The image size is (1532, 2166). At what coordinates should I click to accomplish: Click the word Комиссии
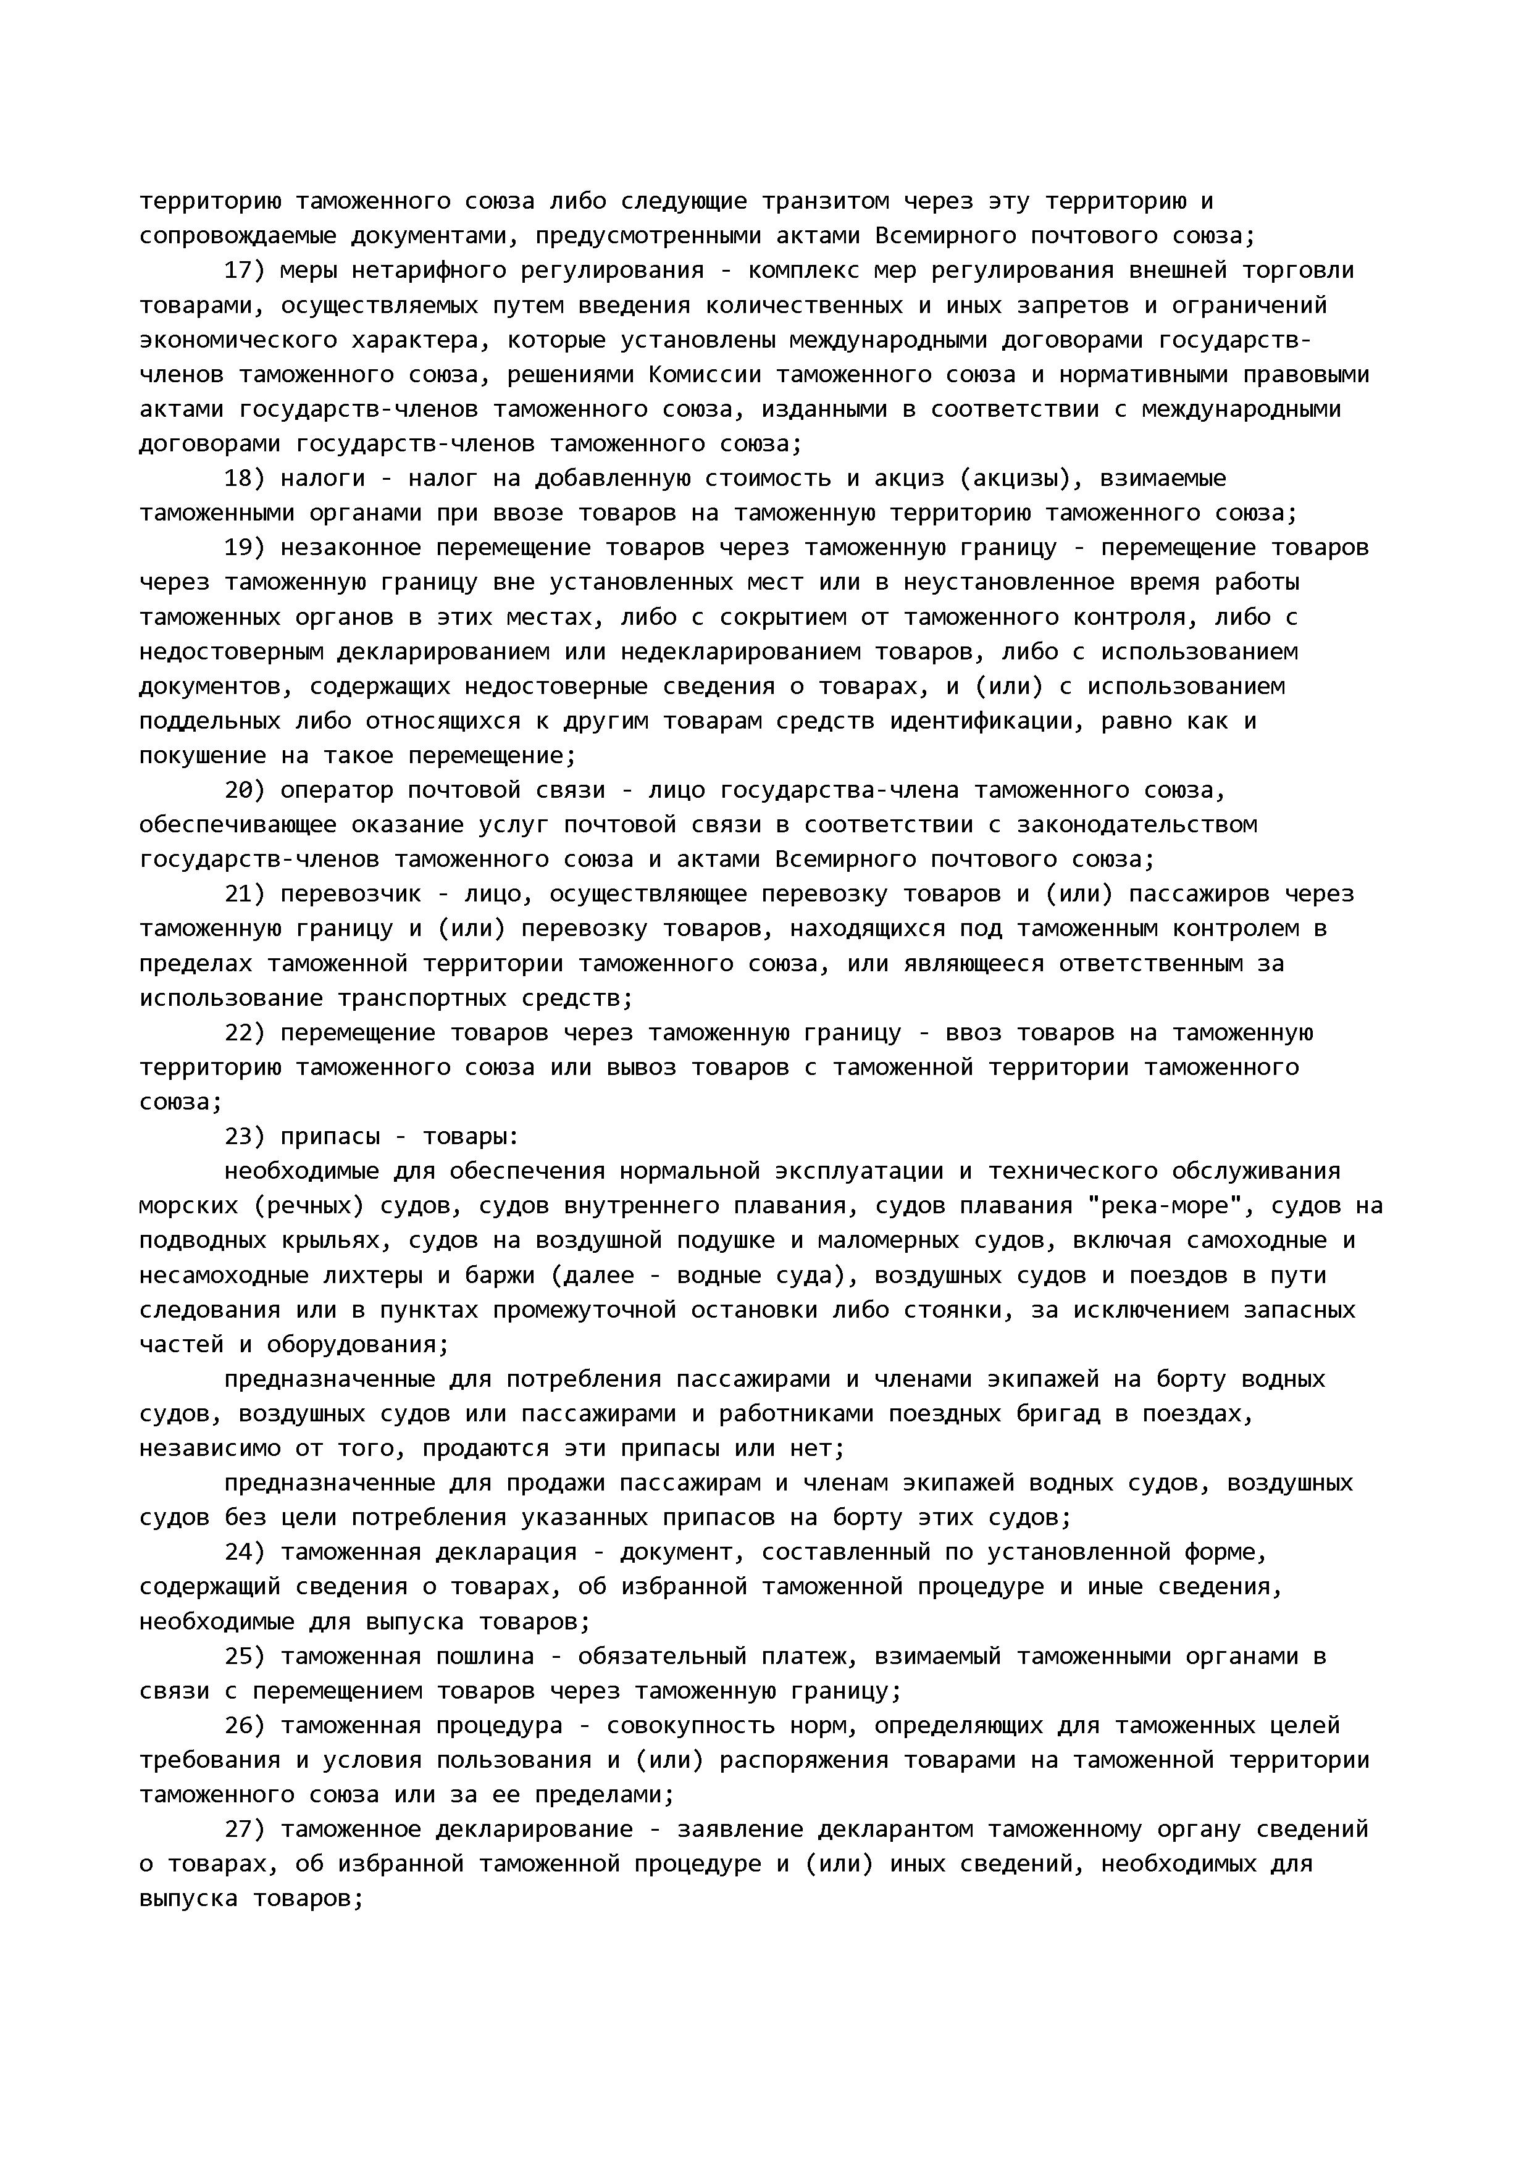705,375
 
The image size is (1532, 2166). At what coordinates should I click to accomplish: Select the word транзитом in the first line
826,201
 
